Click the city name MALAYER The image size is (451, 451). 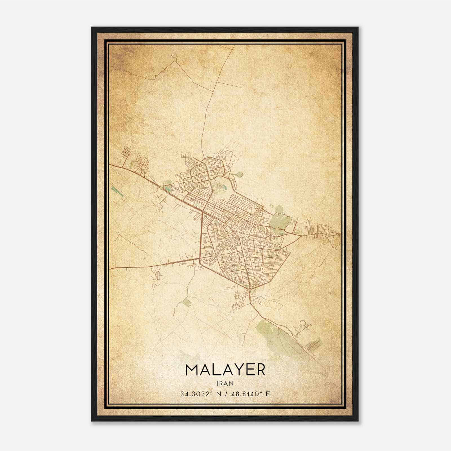click(225, 370)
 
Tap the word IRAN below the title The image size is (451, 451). click(225, 383)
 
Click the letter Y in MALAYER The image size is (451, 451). click(236, 370)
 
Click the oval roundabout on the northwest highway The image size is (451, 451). click(161, 187)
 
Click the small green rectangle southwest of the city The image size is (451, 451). click(187, 302)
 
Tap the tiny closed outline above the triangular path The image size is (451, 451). click(174, 56)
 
